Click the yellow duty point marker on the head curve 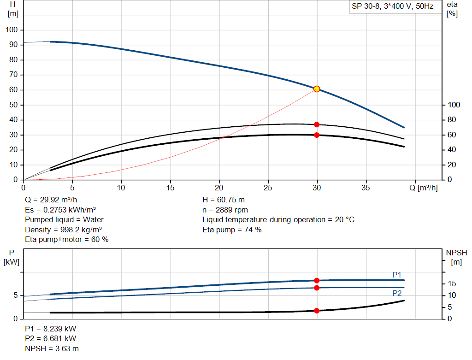pyautogui.click(x=317, y=89)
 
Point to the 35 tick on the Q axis pyautogui.click(x=366, y=188)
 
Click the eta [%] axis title pyautogui.click(x=452, y=9)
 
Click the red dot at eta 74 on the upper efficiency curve pyautogui.click(x=317, y=124)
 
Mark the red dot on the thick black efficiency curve pyautogui.click(x=317, y=135)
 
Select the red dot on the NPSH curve pyautogui.click(x=317, y=311)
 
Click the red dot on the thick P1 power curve pyautogui.click(x=317, y=280)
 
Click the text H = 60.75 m pyautogui.click(x=224, y=200)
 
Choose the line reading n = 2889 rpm pyautogui.click(x=225, y=210)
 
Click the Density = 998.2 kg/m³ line pyautogui.click(x=64, y=230)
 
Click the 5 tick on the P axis pyautogui.click(x=16, y=295)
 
